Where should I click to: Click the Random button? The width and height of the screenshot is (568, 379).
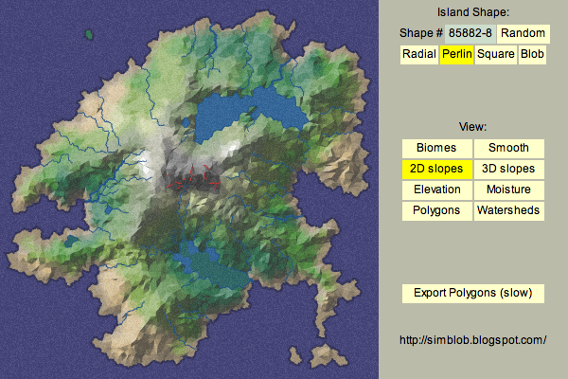point(523,33)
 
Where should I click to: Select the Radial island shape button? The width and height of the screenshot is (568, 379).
point(418,54)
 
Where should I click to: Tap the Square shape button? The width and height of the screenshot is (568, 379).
point(495,54)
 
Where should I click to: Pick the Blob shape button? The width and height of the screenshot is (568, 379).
point(532,54)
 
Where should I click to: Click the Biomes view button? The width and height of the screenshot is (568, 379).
point(436,148)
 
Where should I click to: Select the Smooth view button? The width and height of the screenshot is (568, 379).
point(508,148)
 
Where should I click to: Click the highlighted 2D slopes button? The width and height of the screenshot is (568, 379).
point(436,169)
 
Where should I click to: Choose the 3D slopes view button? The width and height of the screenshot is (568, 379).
point(508,169)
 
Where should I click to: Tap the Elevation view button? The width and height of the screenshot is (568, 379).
point(436,189)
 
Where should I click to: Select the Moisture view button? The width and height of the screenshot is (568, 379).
point(508,189)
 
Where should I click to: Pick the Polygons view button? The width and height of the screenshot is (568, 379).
point(436,210)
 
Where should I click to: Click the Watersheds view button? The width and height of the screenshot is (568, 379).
point(508,210)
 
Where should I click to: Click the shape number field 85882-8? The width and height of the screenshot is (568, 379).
point(470,33)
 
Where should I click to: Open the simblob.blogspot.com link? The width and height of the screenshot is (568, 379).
point(473,339)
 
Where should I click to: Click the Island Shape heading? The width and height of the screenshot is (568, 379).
point(473,12)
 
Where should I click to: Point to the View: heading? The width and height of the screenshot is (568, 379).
point(473,127)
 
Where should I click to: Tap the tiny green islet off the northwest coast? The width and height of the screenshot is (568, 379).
point(89,36)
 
